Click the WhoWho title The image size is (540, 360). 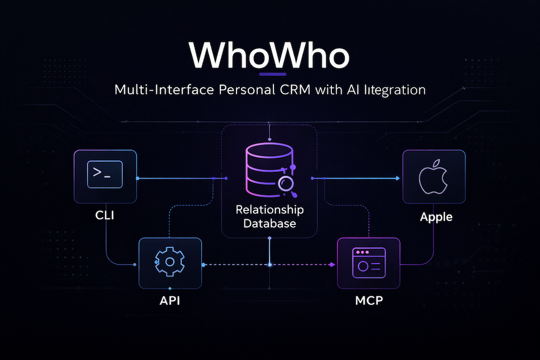(x=269, y=55)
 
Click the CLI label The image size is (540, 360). (x=104, y=215)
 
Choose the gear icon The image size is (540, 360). (x=170, y=262)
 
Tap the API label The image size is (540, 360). (x=170, y=301)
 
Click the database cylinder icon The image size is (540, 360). (x=268, y=167)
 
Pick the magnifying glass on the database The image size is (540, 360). (x=288, y=185)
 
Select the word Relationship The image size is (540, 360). (x=269, y=210)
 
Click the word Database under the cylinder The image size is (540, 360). (x=269, y=223)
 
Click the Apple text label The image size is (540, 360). (x=436, y=217)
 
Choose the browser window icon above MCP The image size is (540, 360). (x=369, y=262)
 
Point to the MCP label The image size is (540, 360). (x=369, y=301)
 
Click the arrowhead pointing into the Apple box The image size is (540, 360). (x=397, y=178)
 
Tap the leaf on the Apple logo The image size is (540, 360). (x=438, y=163)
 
